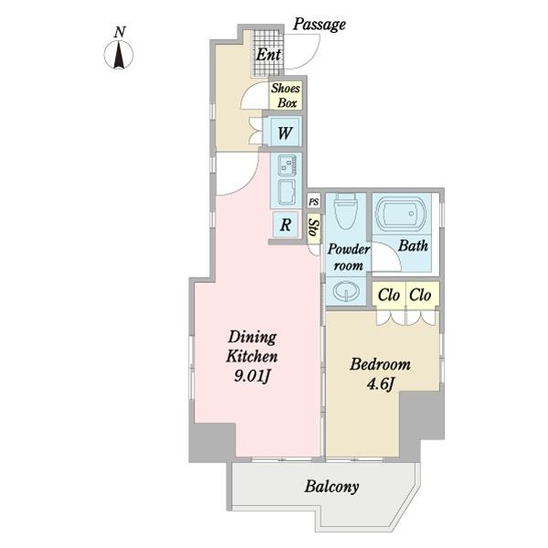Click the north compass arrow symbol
click(119, 55)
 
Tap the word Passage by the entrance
click(319, 25)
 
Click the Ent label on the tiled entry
click(268, 55)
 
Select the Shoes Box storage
click(286, 95)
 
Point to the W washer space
click(285, 132)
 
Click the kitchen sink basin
click(287, 165)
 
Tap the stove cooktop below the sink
click(287, 192)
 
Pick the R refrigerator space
click(285, 225)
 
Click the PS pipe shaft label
click(314, 202)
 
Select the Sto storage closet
click(314, 228)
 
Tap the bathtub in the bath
click(400, 214)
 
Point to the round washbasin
click(345, 290)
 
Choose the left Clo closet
click(388, 295)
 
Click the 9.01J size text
click(252, 376)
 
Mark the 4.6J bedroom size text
click(381, 384)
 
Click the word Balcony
click(332, 487)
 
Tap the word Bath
click(413, 246)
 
